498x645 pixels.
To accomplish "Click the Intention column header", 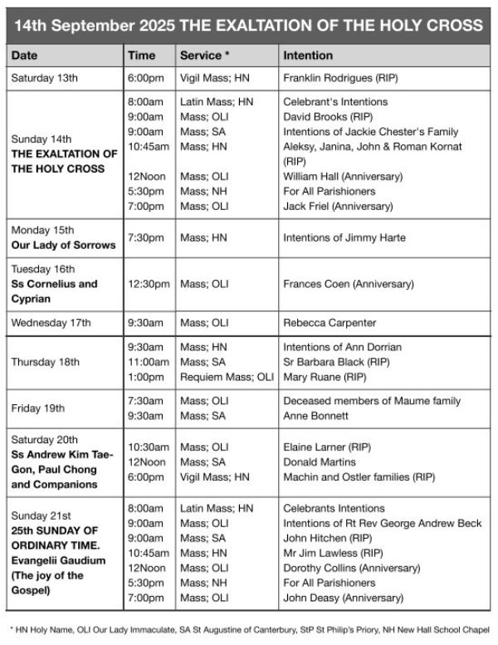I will tap(308, 56).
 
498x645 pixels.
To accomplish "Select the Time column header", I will tap(141, 56).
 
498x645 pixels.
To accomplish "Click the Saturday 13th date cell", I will tap(44, 78).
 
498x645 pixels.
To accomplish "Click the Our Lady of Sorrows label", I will tap(63, 246).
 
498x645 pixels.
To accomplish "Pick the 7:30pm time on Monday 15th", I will tap(144, 238).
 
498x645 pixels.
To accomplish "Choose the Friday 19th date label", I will tap(37, 408).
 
